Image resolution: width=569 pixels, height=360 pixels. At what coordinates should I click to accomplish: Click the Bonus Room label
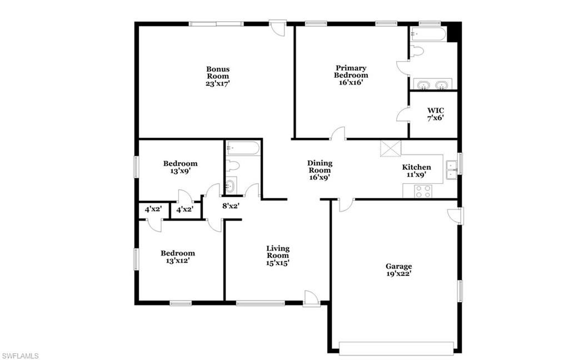[218, 76]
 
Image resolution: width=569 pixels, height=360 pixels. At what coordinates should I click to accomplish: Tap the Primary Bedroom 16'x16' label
[351, 75]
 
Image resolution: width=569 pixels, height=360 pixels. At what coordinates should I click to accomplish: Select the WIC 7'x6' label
[435, 114]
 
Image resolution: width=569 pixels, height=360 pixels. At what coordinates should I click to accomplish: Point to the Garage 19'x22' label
[399, 270]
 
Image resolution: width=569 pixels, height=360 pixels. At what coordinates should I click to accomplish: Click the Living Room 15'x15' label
[277, 256]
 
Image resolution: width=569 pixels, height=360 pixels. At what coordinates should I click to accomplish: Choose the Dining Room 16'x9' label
[320, 171]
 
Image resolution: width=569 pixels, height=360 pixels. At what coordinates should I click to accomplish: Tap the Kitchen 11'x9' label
[416, 171]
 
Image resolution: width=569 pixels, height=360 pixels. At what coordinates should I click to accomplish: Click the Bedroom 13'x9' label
[180, 167]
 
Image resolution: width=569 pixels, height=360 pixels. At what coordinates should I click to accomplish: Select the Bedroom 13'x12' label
[177, 257]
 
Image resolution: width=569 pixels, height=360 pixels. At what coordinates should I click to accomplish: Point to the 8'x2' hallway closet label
[230, 206]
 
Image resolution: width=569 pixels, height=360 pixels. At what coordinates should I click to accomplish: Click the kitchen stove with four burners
[423, 191]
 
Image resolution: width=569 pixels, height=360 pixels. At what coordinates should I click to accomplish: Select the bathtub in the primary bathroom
[427, 34]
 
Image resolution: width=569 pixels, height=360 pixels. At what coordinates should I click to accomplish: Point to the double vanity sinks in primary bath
[433, 85]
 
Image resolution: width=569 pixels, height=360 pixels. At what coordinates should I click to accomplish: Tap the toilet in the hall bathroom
[233, 165]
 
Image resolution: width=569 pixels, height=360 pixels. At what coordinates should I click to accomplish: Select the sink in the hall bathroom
[231, 186]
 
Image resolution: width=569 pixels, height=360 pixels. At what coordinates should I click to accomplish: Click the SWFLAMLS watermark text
[20, 355]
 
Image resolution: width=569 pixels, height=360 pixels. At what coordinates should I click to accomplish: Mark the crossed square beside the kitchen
[391, 149]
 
